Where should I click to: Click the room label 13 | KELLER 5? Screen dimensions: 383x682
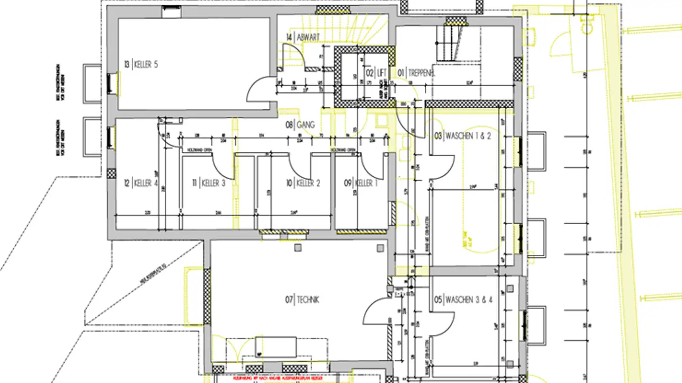[141, 64]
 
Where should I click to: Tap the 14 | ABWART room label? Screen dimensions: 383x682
[303, 37]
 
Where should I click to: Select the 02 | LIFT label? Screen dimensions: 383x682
[376, 73]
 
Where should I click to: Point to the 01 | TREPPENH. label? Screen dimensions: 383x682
[416, 73]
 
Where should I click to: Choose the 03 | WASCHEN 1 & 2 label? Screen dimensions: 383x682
[463, 136]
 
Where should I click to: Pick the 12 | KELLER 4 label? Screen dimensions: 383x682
[141, 183]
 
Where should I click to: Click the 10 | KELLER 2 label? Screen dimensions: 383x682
[303, 183]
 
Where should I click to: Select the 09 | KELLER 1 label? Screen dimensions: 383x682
[361, 183]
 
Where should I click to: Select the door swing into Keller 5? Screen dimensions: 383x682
[260, 90]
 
